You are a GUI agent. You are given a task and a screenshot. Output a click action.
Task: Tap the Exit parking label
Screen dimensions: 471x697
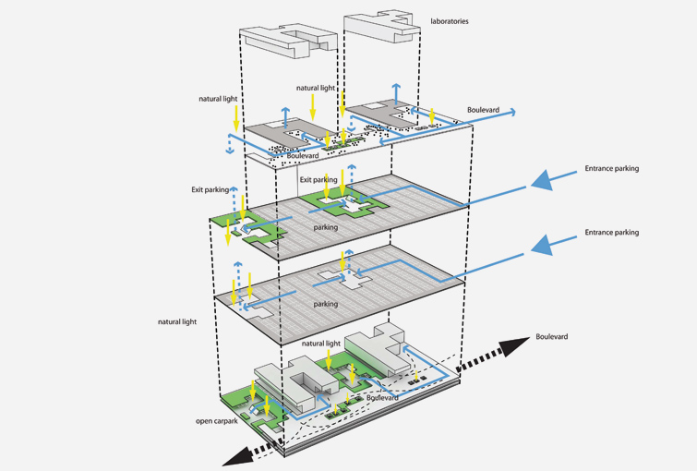210,189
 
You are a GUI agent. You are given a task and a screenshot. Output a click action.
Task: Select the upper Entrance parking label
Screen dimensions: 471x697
611,169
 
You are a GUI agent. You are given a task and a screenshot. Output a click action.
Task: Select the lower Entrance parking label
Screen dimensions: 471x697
611,233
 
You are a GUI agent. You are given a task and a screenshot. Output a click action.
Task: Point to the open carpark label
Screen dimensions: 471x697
219,421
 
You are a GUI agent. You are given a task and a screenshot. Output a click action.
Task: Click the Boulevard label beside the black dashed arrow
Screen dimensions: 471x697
551,337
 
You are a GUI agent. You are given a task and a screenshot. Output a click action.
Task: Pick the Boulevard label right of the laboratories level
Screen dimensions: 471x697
483,110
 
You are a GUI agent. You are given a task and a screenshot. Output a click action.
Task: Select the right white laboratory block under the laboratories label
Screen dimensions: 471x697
380,31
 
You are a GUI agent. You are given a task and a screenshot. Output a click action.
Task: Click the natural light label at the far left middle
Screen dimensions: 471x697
176,322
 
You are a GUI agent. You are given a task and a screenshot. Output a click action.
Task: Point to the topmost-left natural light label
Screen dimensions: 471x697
217,99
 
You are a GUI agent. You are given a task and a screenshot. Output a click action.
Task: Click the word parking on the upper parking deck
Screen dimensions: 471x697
325,227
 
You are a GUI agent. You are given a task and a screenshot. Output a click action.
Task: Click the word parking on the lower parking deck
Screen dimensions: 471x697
325,304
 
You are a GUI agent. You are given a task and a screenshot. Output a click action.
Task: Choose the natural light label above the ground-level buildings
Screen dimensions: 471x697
320,343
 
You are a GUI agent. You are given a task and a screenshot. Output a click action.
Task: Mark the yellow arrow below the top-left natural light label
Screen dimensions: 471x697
237,116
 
